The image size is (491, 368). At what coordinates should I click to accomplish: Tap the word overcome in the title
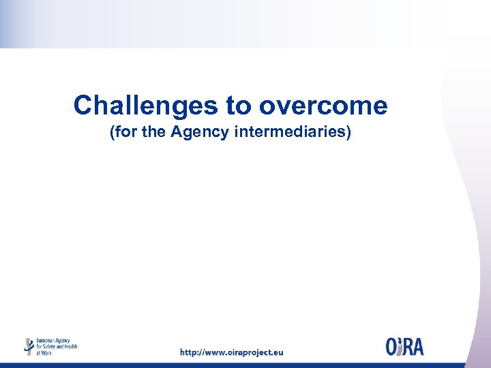(323, 106)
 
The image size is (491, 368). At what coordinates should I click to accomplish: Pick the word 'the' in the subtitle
(153, 132)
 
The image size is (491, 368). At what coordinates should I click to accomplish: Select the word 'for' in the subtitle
(127, 132)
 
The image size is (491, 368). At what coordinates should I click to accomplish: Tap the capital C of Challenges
(83, 106)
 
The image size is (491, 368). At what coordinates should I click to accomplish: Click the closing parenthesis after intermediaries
(348, 132)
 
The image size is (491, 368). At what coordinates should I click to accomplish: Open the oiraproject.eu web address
(231, 352)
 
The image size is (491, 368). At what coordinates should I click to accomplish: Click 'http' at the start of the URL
(189, 352)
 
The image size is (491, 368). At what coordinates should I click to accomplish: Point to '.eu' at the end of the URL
(276, 352)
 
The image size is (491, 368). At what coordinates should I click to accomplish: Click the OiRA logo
(404, 346)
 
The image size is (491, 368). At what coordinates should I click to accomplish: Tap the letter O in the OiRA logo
(392, 347)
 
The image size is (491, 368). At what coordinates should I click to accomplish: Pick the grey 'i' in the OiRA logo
(402, 346)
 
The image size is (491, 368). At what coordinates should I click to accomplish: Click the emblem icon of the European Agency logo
(29, 346)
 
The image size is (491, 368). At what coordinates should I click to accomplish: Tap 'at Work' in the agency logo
(44, 352)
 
